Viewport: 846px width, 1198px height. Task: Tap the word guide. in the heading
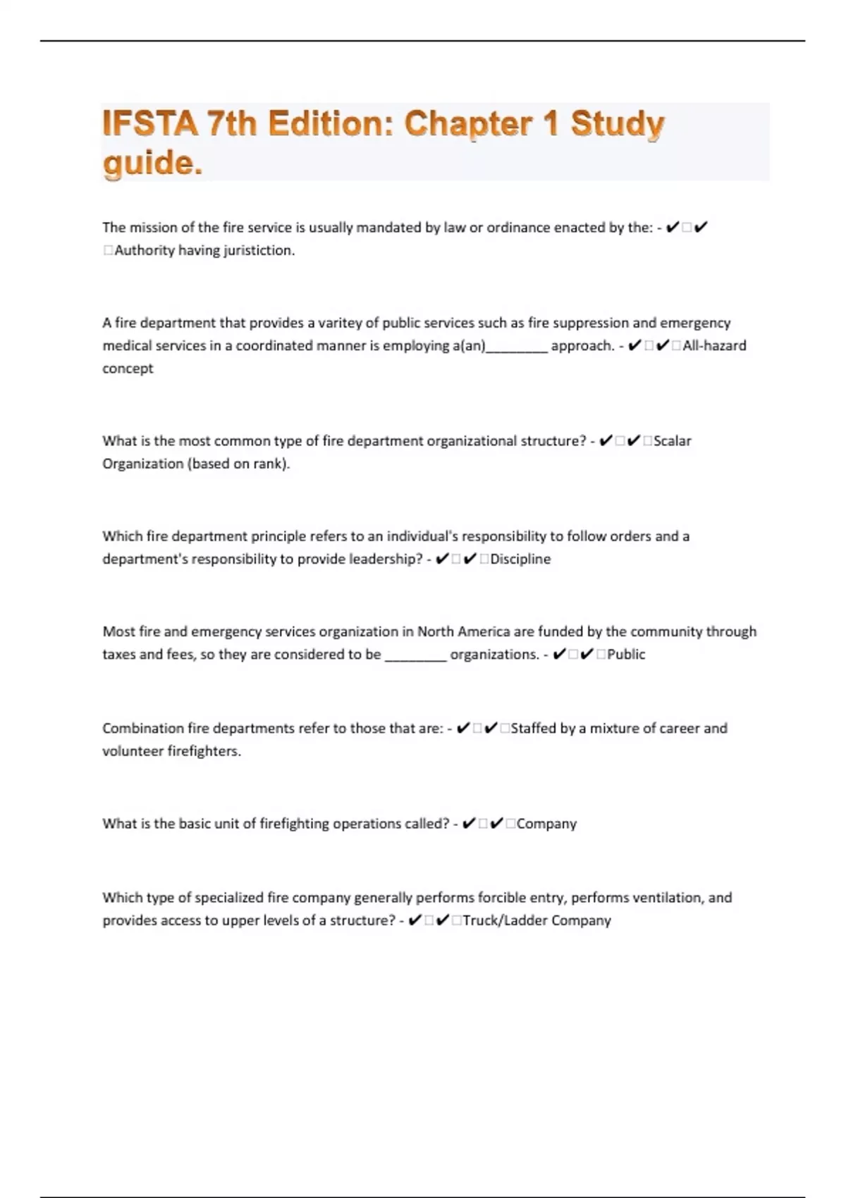coord(152,163)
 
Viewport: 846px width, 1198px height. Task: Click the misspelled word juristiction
coord(259,250)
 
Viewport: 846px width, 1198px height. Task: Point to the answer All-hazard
coord(714,345)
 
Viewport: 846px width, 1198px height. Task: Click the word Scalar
coord(672,440)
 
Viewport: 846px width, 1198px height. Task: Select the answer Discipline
coord(520,559)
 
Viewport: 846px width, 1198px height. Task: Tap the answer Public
coord(626,654)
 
